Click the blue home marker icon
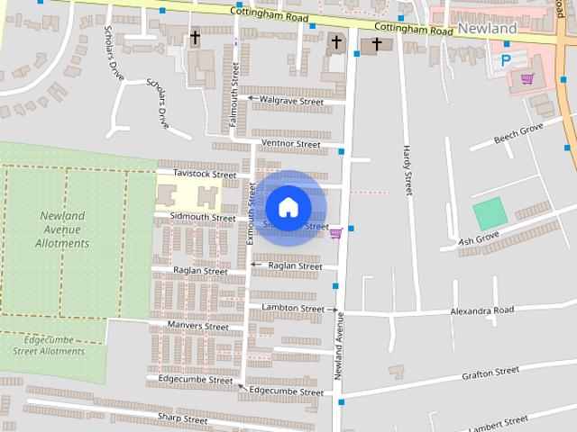[x=288, y=207]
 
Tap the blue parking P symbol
[x=506, y=59]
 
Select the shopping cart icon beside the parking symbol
[x=527, y=78]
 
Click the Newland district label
[x=487, y=29]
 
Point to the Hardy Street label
[x=408, y=171]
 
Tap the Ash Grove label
[x=479, y=239]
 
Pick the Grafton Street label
[x=490, y=372]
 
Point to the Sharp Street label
[x=182, y=419]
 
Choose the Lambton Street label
[x=292, y=308]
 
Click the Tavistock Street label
[x=205, y=174]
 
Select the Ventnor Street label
[x=289, y=144]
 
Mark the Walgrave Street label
[x=290, y=102]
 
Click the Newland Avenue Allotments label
[x=62, y=229]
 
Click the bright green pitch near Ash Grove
[x=490, y=214]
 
